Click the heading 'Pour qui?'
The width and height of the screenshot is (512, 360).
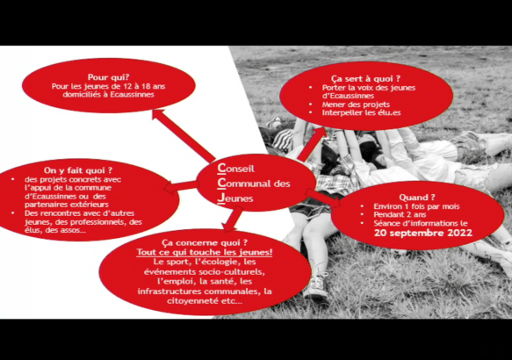click(x=108, y=77)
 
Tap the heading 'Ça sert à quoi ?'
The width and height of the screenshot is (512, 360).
click(x=365, y=79)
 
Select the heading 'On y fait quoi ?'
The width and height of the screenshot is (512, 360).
click(x=78, y=170)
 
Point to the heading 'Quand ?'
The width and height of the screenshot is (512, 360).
click(x=417, y=198)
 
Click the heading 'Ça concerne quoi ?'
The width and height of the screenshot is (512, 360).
click(x=205, y=243)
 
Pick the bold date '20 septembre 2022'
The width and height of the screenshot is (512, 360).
click(x=423, y=233)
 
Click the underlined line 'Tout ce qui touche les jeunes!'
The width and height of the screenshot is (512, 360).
click(x=205, y=252)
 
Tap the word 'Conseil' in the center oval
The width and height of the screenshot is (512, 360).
click(x=235, y=168)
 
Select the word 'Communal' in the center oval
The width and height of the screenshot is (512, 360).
click(x=244, y=184)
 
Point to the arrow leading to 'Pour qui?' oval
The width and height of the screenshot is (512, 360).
click(x=183, y=135)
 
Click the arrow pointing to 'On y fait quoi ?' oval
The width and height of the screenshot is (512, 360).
click(x=182, y=186)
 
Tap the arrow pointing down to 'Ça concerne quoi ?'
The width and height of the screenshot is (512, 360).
click(x=233, y=219)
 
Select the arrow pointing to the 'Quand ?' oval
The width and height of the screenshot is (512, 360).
click(x=322, y=198)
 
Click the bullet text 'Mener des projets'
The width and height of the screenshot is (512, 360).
click(x=356, y=104)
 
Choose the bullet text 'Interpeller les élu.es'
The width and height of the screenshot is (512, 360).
click(x=361, y=112)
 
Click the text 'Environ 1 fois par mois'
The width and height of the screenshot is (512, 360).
click(x=416, y=206)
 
